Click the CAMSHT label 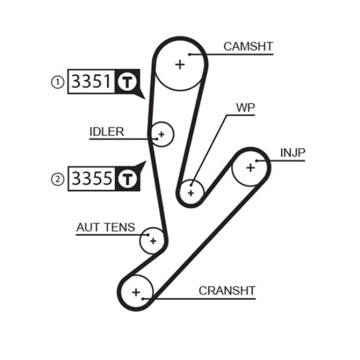(x=248, y=47)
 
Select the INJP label (x=292, y=152)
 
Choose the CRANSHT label (x=227, y=290)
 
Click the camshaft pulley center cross (x=179, y=65)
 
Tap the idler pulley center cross (x=162, y=134)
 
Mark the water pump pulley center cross (x=191, y=193)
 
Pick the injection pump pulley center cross (x=250, y=167)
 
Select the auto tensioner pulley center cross (x=153, y=241)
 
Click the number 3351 (x=91, y=83)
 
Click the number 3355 (x=91, y=178)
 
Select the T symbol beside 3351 (x=126, y=83)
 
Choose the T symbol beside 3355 (x=126, y=178)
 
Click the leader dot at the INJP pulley (x=258, y=161)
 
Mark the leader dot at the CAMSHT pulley (x=189, y=54)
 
